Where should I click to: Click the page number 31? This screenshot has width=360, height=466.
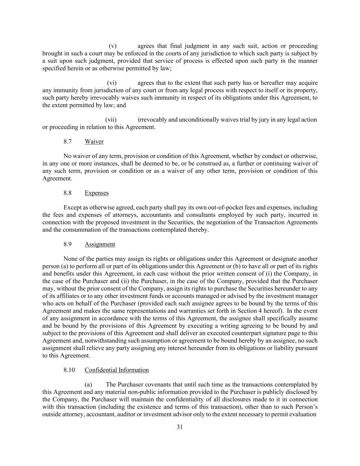(x=180, y=427)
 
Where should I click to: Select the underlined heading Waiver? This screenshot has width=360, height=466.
(x=94, y=141)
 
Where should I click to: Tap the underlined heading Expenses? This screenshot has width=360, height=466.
(x=97, y=193)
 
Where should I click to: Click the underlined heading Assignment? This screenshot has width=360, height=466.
(x=100, y=244)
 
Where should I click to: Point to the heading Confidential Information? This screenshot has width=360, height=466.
(x=117, y=370)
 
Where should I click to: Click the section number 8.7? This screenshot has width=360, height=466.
(x=68, y=141)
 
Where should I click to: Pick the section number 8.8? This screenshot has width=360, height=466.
(x=68, y=193)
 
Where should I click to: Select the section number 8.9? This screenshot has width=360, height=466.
(x=68, y=244)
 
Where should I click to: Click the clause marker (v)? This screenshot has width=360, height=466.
(x=113, y=46)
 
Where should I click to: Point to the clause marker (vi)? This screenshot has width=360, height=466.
(x=112, y=83)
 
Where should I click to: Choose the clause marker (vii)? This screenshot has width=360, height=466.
(x=111, y=120)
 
